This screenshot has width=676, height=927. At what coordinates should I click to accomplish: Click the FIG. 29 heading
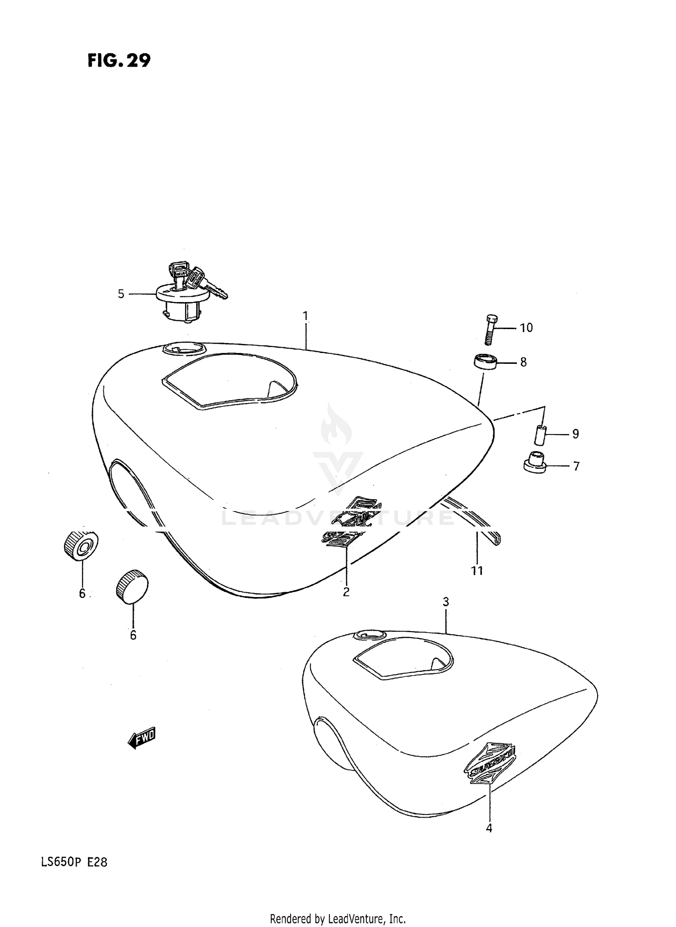click(119, 60)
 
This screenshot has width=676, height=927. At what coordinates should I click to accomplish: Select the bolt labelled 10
click(492, 329)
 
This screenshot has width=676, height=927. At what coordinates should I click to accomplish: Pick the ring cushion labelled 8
click(485, 362)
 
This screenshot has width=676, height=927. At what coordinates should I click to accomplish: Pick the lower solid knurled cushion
click(132, 587)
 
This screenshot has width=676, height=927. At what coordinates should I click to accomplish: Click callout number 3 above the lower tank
click(446, 602)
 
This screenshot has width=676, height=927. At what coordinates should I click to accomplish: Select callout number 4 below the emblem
click(489, 828)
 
